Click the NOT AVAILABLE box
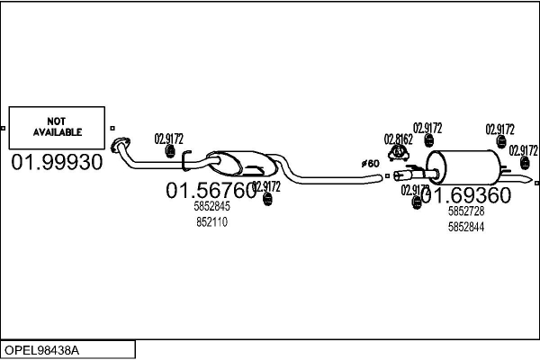point(58,127)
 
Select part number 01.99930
point(57,162)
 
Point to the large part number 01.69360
point(467,195)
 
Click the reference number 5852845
point(211,207)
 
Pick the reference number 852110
point(211,221)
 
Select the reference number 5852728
point(466,211)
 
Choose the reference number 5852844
point(466,227)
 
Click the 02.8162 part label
point(398,139)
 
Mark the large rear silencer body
point(468,169)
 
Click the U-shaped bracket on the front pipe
point(186,162)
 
